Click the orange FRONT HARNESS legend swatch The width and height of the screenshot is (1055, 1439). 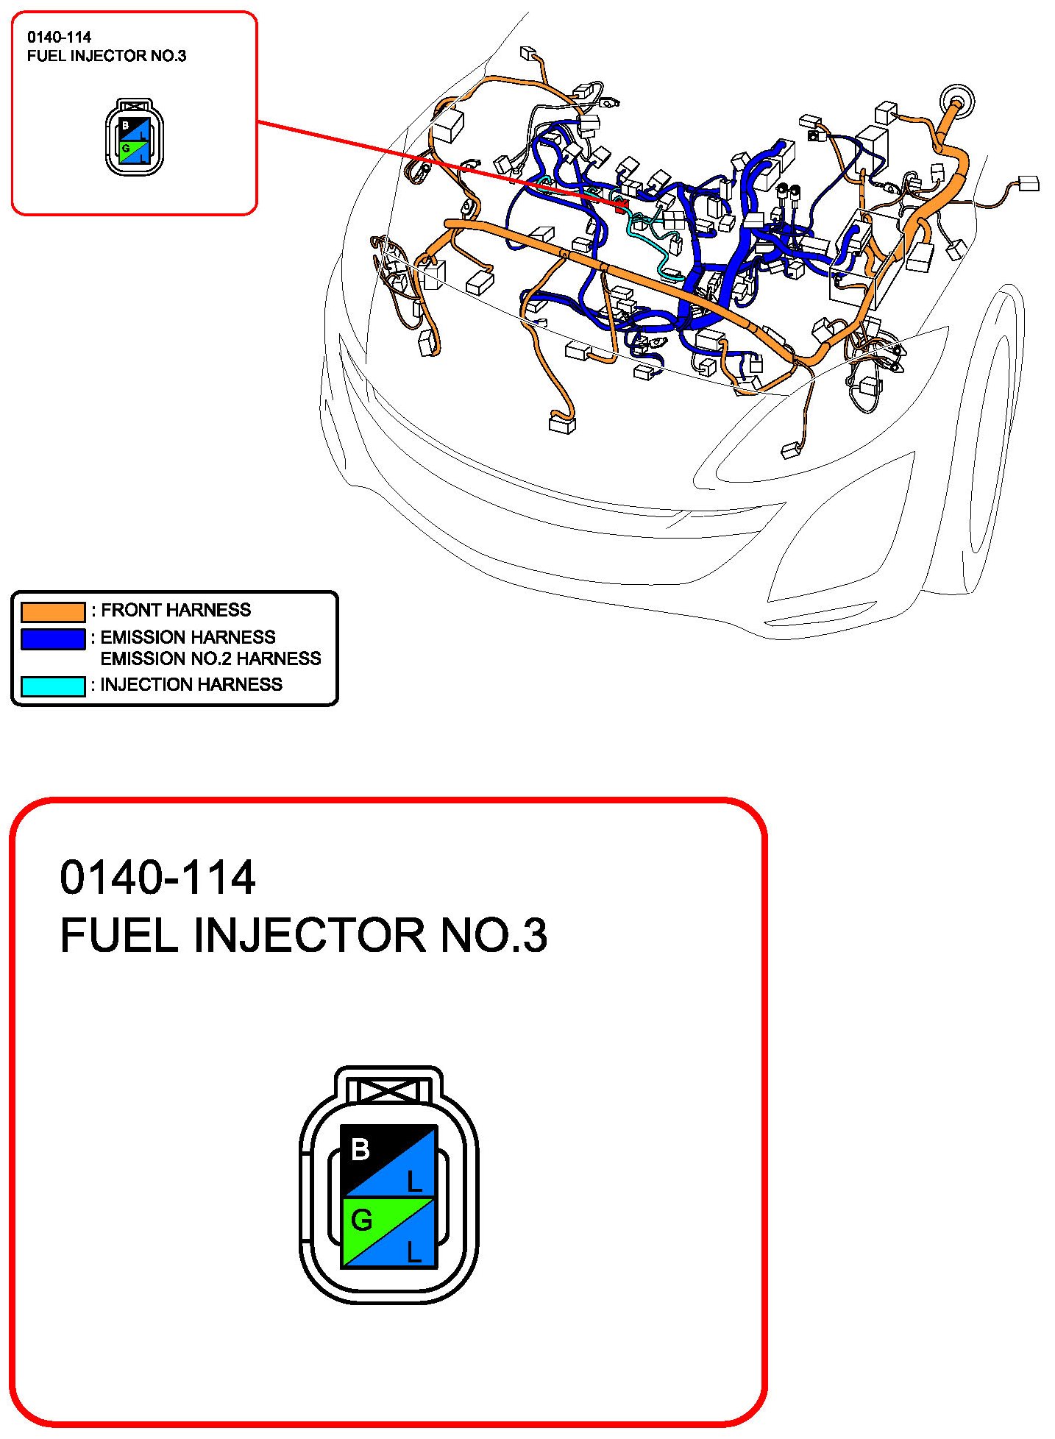[53, 611]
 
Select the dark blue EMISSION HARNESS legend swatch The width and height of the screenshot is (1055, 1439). [53, 639]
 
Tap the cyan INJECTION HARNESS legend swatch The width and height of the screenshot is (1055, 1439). [53, 686]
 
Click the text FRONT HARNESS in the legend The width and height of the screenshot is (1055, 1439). [176, 610]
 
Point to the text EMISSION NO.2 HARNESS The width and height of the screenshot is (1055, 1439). [210, 658]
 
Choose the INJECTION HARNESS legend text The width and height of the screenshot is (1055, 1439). [191, 685]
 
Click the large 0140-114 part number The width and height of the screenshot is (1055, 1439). [157, 878]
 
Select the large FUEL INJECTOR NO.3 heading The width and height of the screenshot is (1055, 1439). [303, 936]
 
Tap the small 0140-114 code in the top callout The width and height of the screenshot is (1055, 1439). [60, 37]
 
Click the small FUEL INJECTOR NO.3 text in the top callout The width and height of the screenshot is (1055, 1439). [107, 56]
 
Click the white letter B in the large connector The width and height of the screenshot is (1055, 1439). [360, 1149]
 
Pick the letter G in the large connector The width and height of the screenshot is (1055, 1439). [361, 1221]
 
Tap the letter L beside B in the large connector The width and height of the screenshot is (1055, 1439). [415, 1182]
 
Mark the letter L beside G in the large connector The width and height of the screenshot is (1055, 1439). [415, 1252]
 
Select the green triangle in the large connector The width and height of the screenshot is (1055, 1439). [372, 1221]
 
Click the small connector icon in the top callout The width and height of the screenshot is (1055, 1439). [135, 137]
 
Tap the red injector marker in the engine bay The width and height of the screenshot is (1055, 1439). [620, 203]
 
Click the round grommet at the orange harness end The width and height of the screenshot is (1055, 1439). [958, 99]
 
